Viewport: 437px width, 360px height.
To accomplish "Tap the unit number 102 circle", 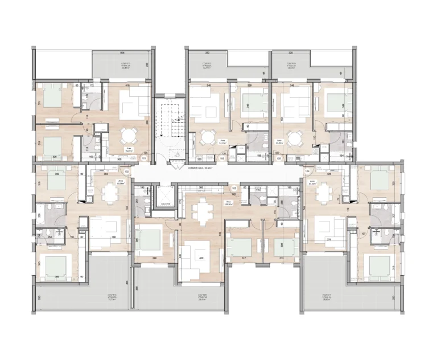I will pos(127,170).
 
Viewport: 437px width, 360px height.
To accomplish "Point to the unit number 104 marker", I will pos(307,170).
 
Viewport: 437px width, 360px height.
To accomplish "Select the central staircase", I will pos(169,128).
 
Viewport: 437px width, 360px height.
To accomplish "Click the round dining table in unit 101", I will pos(129,136).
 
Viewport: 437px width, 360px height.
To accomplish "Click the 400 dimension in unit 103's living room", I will pos(200,258).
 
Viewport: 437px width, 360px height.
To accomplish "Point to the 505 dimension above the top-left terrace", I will pos(122,52).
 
